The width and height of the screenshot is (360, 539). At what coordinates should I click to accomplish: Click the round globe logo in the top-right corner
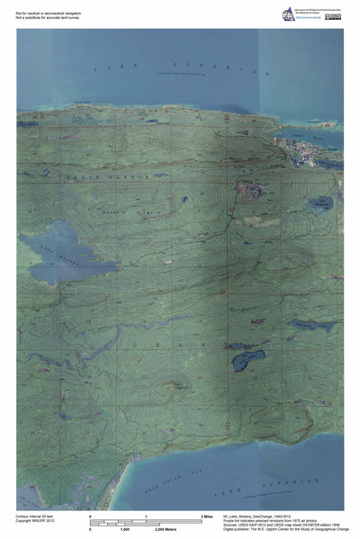pos(288,13)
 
